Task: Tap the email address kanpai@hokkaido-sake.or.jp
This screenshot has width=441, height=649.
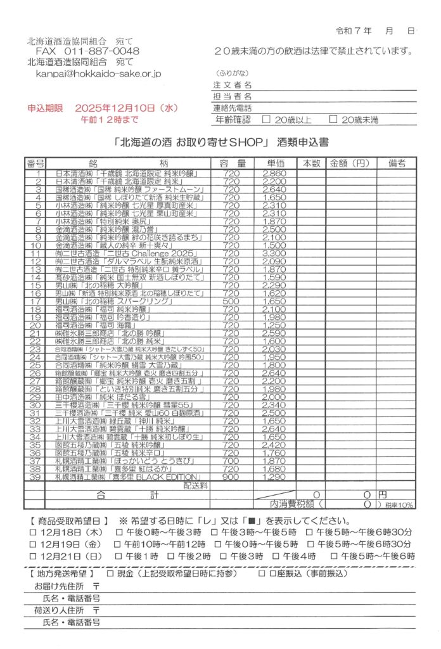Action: coord(98,74)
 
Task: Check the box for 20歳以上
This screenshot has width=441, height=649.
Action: coord(266,119)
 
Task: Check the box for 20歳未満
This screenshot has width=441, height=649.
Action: coord(333,119)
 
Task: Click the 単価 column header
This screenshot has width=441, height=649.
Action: coord(276,163)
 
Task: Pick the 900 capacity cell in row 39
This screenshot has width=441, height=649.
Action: coord(231,477)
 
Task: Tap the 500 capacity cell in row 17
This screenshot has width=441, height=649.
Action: coord(231,301)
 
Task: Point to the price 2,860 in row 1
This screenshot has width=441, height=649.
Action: coord(275,173)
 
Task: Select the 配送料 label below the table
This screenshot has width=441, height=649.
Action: coord(196,485)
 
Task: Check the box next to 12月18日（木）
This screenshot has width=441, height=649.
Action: coord(33,532)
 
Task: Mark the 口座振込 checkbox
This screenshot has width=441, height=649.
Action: coord(262,573)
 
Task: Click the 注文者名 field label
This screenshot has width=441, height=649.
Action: coord(233,85)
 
